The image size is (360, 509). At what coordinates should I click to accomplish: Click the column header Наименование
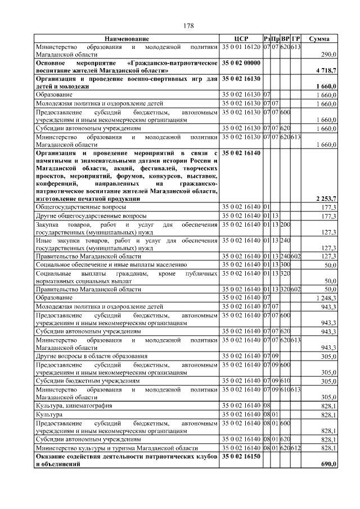coord(127,39)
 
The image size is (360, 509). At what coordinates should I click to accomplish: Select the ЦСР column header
coord(241,39)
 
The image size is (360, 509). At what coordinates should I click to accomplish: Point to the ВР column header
coord(285,39)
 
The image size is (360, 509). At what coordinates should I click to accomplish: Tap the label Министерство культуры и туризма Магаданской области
coord(116,448)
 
